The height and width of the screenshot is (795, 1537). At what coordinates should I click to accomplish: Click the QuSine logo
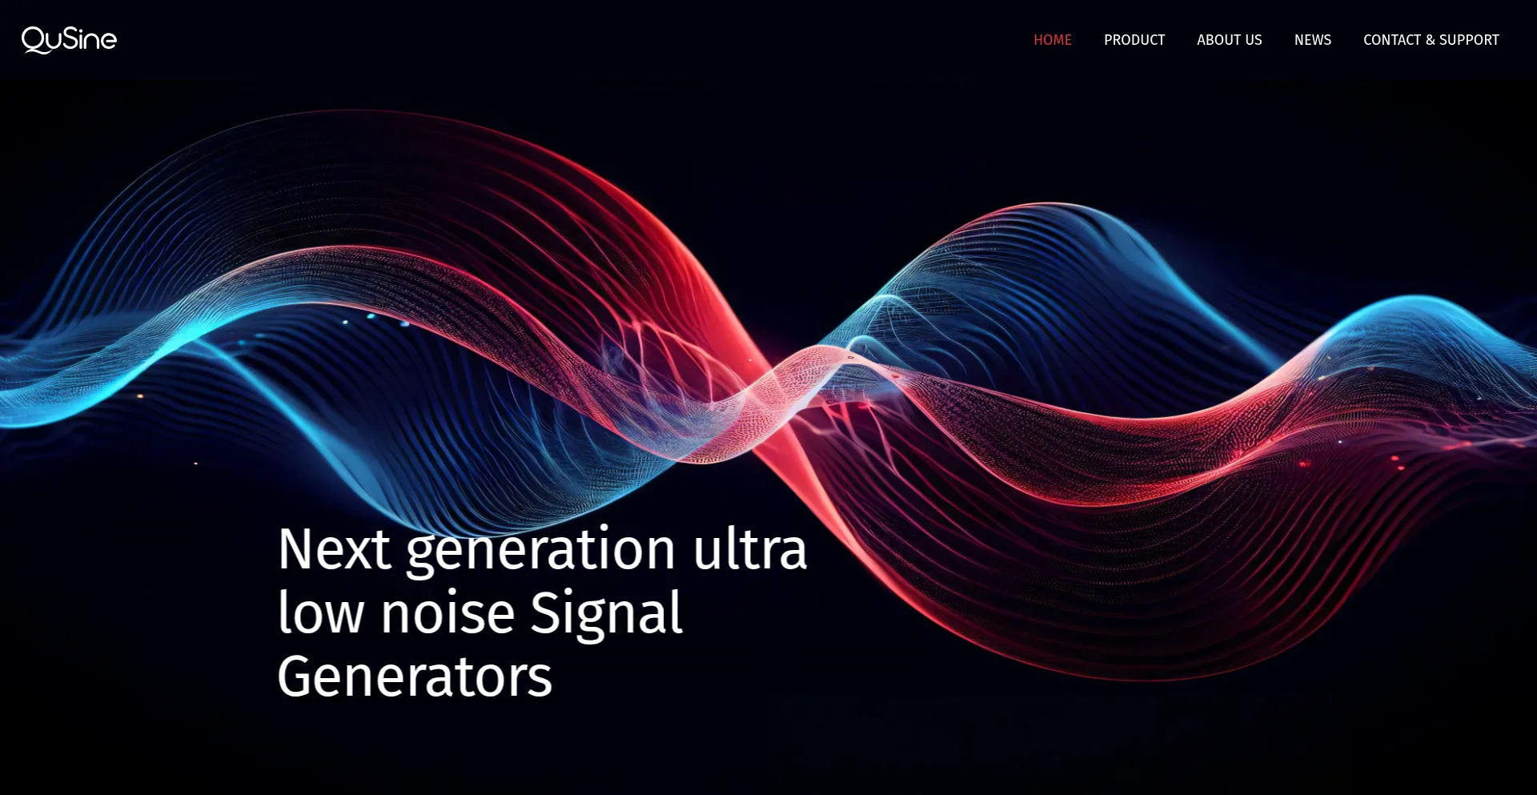click(69, 40)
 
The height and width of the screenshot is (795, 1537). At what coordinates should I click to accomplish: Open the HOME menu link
click(1052, 40)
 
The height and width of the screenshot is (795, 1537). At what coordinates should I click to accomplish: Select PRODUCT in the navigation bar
click(1134, 40)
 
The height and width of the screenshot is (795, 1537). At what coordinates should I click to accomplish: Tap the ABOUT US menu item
click(1229, 40)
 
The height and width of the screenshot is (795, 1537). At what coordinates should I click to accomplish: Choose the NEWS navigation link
click(1313, 40)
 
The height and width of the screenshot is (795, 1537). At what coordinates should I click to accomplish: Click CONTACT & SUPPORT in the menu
click(1431, 40)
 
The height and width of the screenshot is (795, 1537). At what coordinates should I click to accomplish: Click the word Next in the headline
click(334, 549)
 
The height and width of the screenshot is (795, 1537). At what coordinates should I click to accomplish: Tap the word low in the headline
click(320, 612)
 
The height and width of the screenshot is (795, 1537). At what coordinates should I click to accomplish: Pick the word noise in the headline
click(447, 614)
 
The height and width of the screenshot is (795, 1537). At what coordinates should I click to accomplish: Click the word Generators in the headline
click(415, 677)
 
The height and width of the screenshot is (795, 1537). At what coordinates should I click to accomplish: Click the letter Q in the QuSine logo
click(34, 40)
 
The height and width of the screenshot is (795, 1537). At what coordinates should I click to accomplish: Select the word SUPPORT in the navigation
click(1470, 40)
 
